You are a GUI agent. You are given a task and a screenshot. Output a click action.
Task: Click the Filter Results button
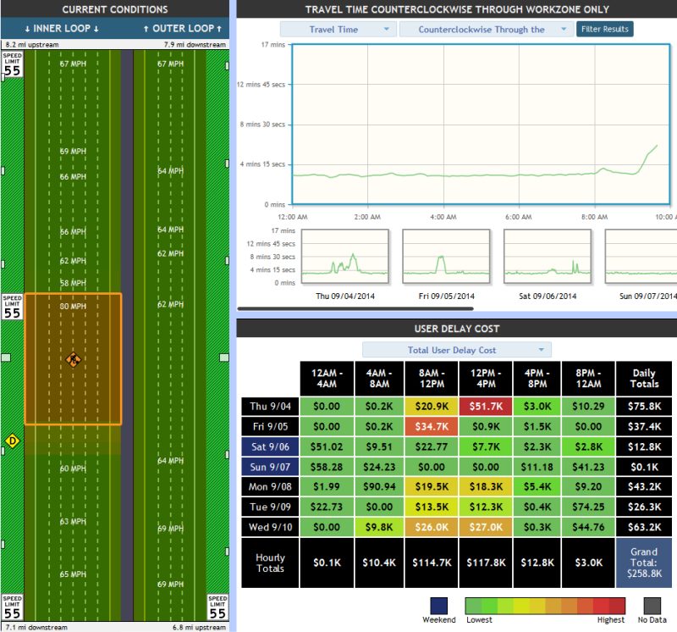tap(604, 29)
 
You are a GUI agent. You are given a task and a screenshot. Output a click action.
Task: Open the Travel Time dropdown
tap(338, 29)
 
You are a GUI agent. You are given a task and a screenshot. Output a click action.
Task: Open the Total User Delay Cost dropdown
tap(456, 350)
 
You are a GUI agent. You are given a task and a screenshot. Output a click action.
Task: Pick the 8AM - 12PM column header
tap(431, 377)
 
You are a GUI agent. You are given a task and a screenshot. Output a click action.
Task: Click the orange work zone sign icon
tap(74, 360)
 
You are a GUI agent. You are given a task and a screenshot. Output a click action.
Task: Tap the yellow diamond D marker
tap(12, 441)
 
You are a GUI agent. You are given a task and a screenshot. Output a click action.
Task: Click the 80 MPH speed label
tap(73, 307)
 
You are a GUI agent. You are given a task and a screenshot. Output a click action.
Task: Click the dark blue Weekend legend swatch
tap(438, 604)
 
